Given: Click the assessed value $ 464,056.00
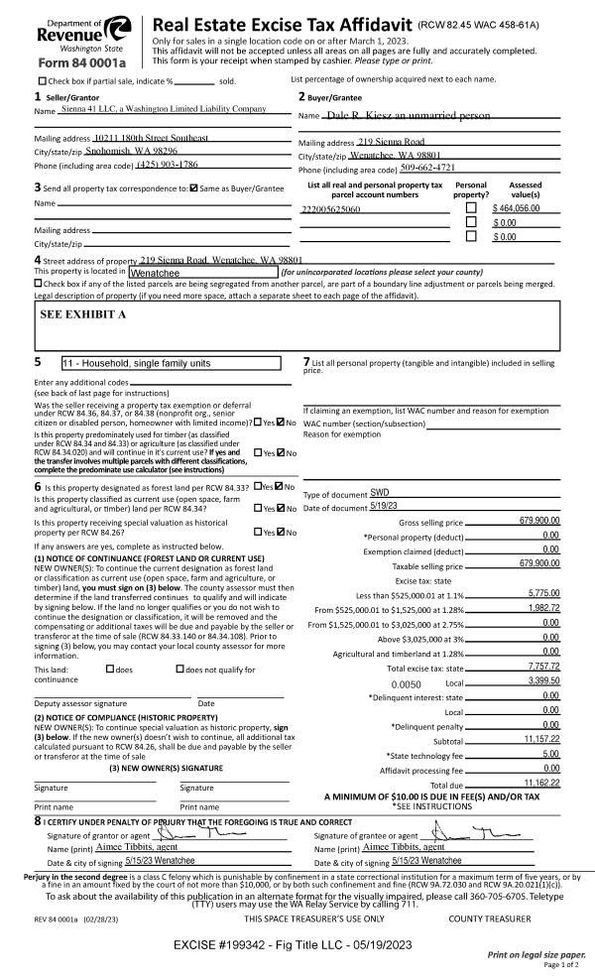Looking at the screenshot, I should click(x=522, y=209).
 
